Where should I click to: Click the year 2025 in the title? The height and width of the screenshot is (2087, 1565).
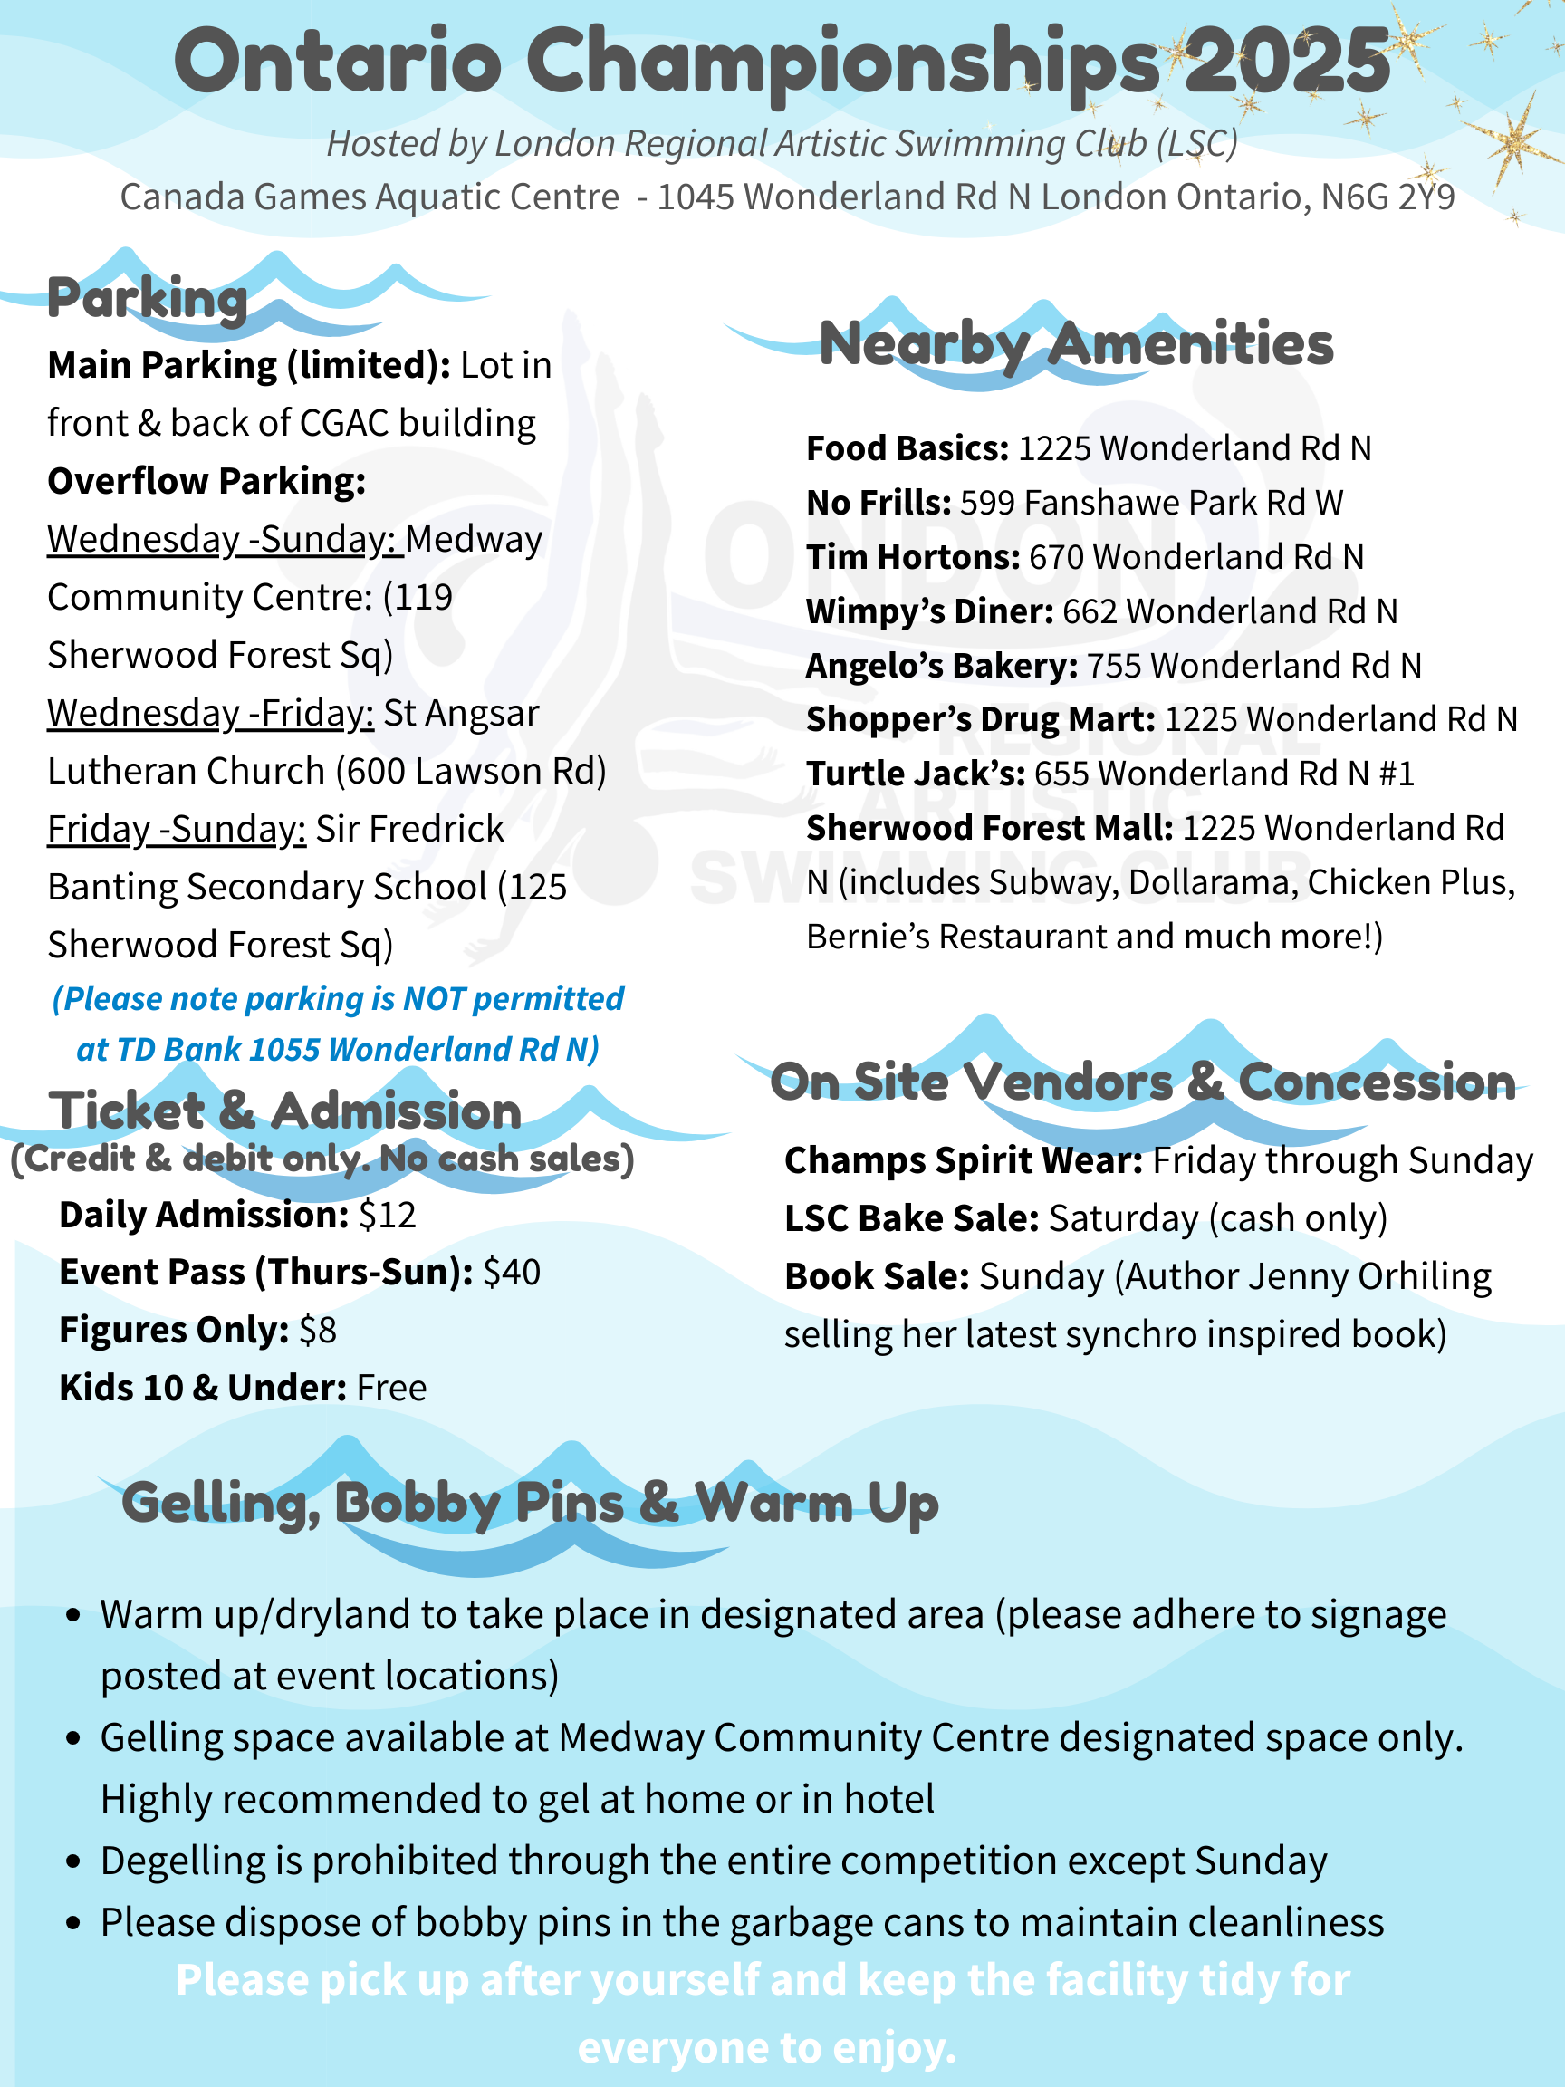(1288, 62)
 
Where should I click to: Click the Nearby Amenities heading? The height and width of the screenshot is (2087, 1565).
(1076, 343)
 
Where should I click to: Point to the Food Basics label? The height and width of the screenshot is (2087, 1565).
(907, 448)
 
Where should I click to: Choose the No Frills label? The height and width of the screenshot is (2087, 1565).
(879, 503)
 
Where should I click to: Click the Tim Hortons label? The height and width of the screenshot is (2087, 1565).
(912, 557)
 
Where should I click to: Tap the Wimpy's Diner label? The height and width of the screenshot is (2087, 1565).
(929, 611)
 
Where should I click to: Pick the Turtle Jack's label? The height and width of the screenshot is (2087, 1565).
(915, 774)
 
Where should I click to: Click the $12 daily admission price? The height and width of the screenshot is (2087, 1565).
(387, 1216)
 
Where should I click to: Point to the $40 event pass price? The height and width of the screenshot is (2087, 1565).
(512, 1273)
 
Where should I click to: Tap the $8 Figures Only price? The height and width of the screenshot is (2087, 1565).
(317, 1331)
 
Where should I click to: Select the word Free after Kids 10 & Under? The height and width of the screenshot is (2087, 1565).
(391, 1388)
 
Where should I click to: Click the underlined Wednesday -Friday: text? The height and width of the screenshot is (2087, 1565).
(210, 713)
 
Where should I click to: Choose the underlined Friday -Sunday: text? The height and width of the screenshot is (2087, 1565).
(177, 830)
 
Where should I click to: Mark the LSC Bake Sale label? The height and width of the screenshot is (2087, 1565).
(911, 1219)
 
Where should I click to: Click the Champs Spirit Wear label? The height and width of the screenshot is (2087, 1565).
(963, 1160)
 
